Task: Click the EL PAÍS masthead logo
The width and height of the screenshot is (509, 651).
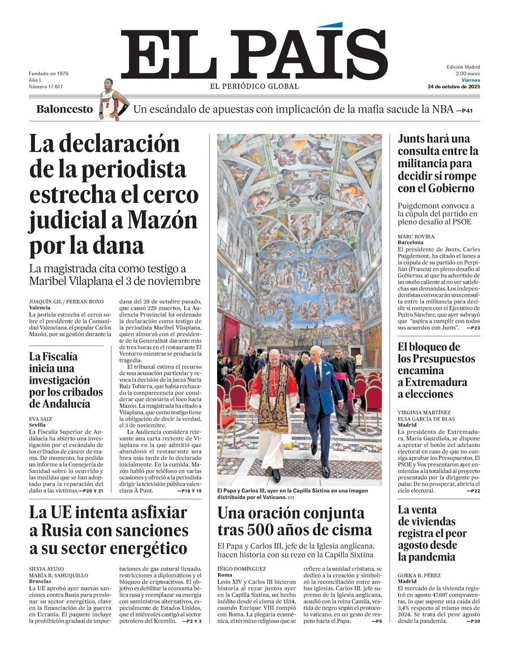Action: (x=254, y=55)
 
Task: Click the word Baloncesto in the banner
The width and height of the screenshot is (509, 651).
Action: (x=64, y=109)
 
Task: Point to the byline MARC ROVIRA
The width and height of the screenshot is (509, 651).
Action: (x=416, y=236)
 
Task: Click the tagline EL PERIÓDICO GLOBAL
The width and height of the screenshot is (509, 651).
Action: (x=255, y=86)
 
